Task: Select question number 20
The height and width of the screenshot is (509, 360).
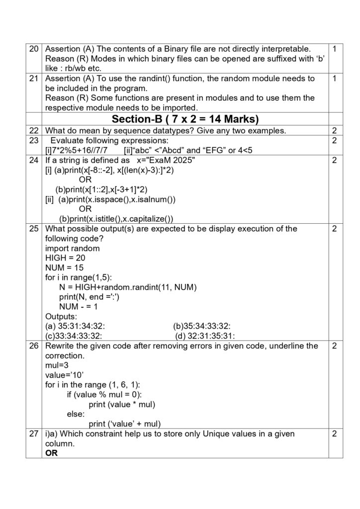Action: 34,49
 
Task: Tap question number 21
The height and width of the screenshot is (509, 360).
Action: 34,79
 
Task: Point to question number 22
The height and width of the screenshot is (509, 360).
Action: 34,131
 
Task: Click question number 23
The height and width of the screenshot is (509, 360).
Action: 34,141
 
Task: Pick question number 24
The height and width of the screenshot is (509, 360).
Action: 34,161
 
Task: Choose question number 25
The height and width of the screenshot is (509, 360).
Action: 34,229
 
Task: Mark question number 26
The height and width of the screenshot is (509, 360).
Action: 34,346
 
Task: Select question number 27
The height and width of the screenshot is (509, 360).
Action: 34,434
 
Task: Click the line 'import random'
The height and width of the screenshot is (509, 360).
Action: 72,248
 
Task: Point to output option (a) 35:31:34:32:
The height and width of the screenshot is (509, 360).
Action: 75,326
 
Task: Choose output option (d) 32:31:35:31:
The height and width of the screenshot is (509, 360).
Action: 205,336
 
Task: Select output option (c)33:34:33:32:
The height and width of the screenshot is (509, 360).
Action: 74,336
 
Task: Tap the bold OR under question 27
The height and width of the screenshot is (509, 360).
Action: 51,453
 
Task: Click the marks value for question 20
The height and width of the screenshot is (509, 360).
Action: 335,49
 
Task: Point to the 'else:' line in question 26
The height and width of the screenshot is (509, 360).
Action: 76,414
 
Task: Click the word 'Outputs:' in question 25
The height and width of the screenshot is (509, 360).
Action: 61,317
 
